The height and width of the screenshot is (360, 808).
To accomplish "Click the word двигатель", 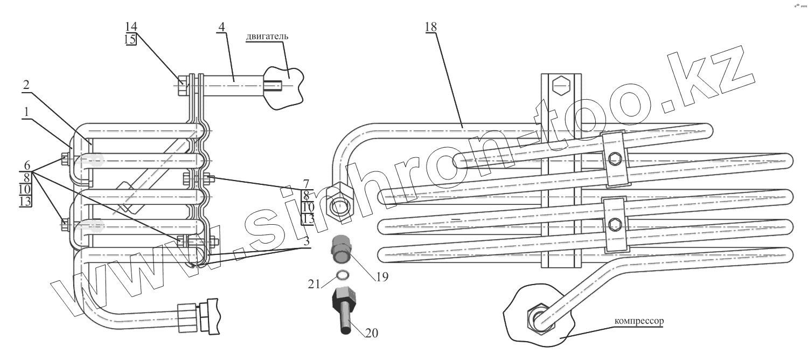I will (268, 37).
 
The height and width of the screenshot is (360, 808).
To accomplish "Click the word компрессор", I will (639, 320).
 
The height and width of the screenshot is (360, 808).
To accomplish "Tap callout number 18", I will (430, 26).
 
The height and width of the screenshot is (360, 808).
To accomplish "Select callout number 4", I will (221, 26).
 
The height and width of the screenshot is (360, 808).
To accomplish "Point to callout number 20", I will (371, 333).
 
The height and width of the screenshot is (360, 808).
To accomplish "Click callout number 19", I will (382, 277).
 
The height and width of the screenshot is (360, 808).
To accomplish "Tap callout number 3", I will (306, 241).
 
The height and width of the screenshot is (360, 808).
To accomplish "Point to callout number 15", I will (131, 39).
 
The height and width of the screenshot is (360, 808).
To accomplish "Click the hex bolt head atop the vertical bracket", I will (560, 84).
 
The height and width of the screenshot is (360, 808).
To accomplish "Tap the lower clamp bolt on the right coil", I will (615, 224).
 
